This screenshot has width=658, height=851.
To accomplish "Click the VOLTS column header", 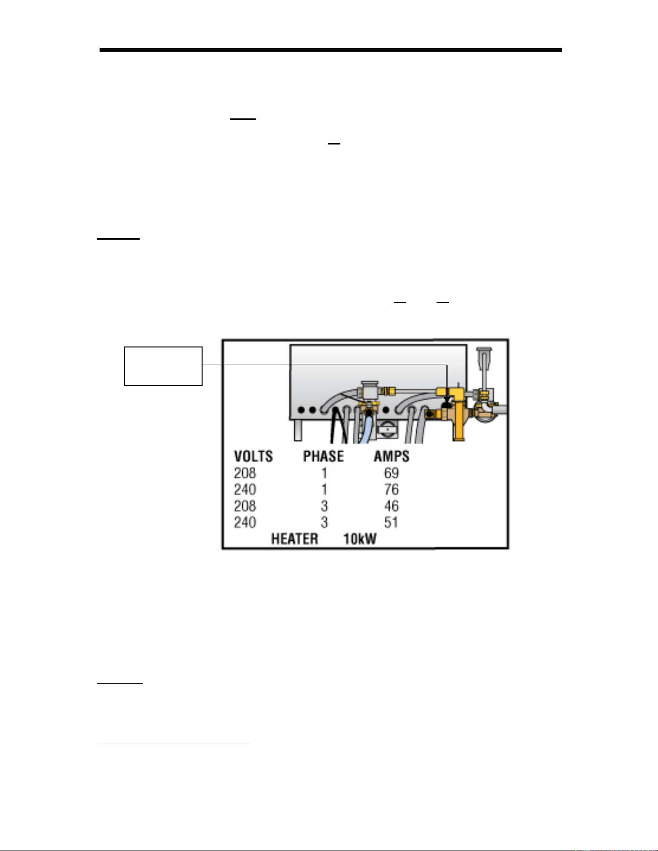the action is click(253, 456).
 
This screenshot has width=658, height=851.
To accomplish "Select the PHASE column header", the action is click(323, 456).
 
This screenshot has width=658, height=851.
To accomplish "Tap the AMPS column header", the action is click(392, 456).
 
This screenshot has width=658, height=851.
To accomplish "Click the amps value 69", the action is click(392, 473).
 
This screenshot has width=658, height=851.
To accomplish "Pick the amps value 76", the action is click(392, 490).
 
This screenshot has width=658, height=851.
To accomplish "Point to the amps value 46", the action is click(392, 506).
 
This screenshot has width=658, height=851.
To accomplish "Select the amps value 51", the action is click(391, 522).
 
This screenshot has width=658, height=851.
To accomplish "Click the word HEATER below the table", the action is click(294, 539).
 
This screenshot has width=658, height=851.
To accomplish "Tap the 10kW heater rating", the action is click(360, 539).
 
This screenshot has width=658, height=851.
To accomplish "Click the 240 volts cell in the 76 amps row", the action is click(245, 490).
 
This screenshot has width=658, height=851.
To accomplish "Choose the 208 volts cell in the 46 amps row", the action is click(245, 506).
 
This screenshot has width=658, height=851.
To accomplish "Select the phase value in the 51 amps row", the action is click(324, 522).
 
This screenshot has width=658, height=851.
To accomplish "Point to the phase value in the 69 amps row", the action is click(324, 473).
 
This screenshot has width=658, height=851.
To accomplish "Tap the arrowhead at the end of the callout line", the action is click(447, 400).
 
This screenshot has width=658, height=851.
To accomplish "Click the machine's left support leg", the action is click(298, 430).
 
